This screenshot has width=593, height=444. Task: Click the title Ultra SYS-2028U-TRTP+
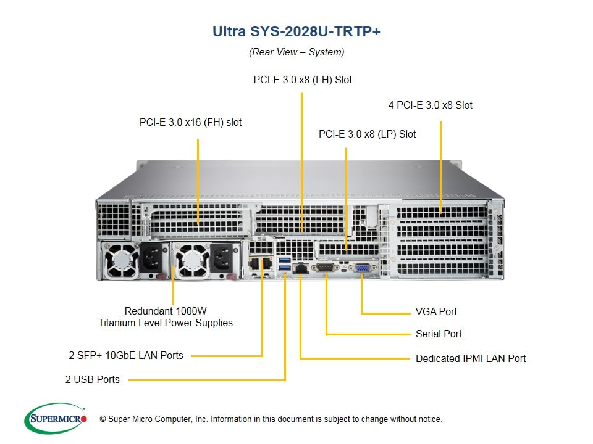tap(296, 31)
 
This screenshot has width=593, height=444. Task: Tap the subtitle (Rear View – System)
tap(296, 52)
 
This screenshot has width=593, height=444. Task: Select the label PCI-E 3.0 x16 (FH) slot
tap(190, 122)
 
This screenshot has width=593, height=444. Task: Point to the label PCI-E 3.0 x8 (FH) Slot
tap(303, 80)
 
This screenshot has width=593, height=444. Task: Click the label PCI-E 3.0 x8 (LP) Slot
tap(367, 134)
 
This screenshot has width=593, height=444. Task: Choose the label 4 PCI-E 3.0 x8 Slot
tap(430, 105)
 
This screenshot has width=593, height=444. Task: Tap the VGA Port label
tap(436, 311)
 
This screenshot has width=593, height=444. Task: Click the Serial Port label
tap(439, 334)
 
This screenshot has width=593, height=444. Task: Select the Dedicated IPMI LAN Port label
tap(471, 358)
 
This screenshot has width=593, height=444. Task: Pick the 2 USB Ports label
tap(93, 379)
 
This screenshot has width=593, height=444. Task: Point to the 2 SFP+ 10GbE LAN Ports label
tap(126, 355)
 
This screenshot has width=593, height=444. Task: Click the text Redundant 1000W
tap(166, 311)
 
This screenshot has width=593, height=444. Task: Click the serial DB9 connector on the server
tap(326, 268)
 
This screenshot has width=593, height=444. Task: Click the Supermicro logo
tap(55, 419)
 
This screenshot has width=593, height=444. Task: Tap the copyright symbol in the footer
tap(103, 419)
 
